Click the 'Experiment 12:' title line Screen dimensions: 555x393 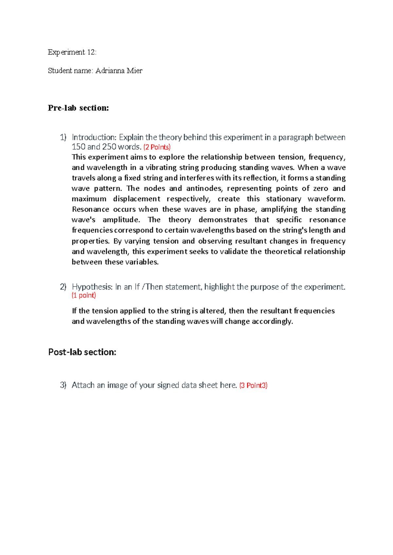point(72,52)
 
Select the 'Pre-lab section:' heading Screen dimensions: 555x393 point(78,108)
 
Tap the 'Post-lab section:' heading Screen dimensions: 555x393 point(82,352)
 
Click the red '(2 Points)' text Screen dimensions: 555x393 point(157,147)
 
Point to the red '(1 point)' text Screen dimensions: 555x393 point(84,295)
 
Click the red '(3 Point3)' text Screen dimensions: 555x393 point(253,385)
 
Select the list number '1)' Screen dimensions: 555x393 point(63,137)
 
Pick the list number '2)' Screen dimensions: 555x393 point(63,287)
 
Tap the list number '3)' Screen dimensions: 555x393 point(63,385)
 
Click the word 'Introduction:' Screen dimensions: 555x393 point(94,137)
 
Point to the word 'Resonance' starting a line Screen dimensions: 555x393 point(90,209)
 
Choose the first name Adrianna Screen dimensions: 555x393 point(110,71)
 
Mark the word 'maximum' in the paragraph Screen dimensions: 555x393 point(89,199)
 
